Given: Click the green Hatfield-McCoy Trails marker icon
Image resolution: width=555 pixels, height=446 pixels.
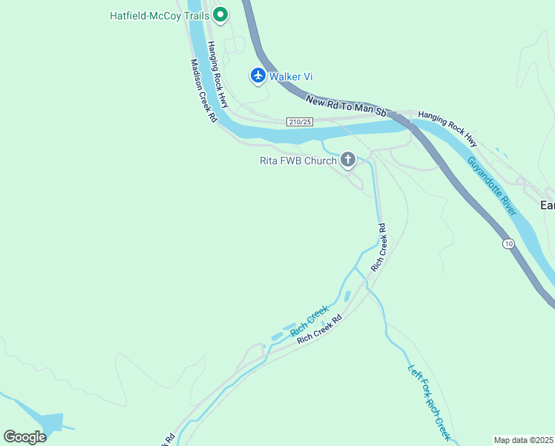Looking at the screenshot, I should point(220,14).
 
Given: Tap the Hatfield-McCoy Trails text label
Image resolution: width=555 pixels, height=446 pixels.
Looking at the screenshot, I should point(160,15).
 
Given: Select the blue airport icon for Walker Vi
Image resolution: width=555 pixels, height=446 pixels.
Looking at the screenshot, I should point(257,76).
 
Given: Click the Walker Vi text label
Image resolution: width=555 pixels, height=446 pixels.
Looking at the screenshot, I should point(290,77).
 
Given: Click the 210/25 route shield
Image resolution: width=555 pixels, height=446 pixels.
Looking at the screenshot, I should point(300,121).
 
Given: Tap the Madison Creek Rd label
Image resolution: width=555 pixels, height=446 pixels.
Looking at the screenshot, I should point(203,91).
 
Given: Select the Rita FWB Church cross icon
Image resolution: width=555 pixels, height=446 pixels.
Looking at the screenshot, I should point(347,159).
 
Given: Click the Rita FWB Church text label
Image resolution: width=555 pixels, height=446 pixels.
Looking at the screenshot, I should point(298,160).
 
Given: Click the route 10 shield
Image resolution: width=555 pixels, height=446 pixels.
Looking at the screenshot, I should point(508,243).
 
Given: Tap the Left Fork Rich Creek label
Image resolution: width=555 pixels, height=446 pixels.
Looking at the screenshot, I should point(430,401).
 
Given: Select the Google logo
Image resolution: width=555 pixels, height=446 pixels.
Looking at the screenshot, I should point(24,437).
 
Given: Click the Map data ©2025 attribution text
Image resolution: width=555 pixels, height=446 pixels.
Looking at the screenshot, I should point(523,439).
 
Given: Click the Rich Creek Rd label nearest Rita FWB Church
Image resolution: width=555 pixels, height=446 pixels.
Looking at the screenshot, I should point(378,246).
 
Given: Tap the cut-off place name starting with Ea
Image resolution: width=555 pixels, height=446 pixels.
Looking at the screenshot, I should point(548,205).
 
